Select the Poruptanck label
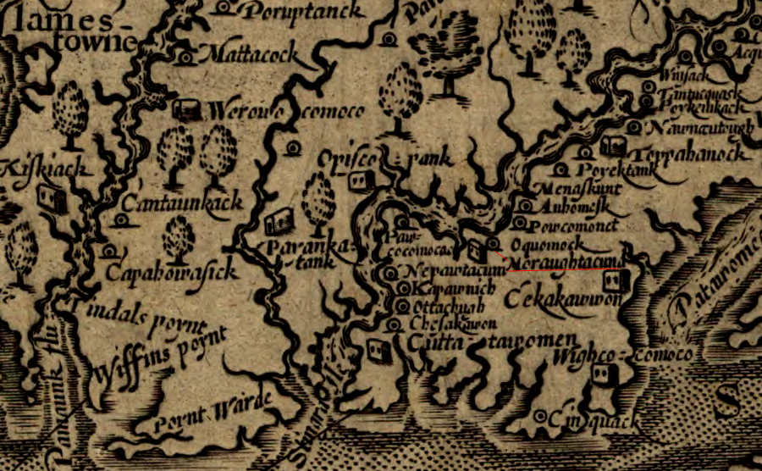pyautogui.click(x=301, y=11)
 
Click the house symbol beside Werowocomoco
pyautogui.click(x=185, y=109)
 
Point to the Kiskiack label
pyautogui.click(x=46, y=169)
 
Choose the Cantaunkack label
pyautogui.click(x=183, y=202)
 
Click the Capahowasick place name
pyautogui.click(x=168, y=272)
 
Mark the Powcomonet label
pyautogui.click(x=568, y=226)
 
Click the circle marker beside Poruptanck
pyautogui.click(x=223, y=8)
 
